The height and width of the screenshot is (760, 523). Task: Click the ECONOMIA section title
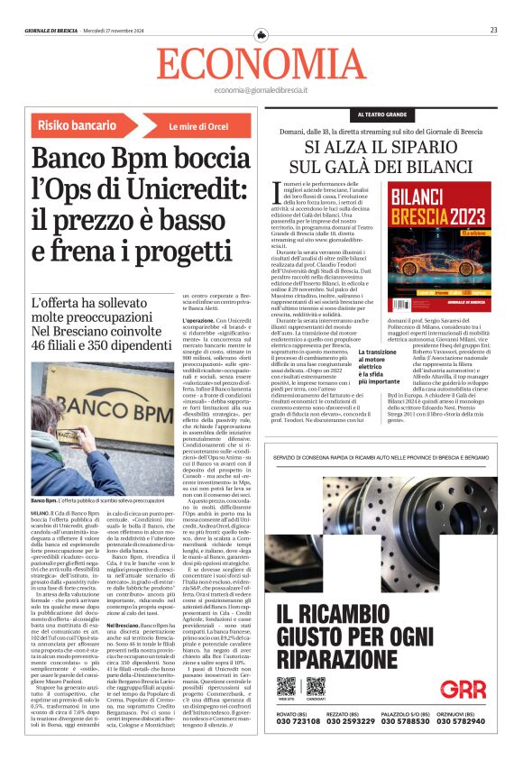click(260, 63)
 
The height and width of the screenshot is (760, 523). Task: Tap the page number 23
click(494, 30)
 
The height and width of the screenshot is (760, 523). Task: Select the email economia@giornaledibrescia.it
click(261, 91)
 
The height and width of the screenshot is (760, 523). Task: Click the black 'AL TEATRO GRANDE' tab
click(382, 114)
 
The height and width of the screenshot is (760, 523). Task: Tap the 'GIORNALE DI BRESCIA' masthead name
click(53, 30)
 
